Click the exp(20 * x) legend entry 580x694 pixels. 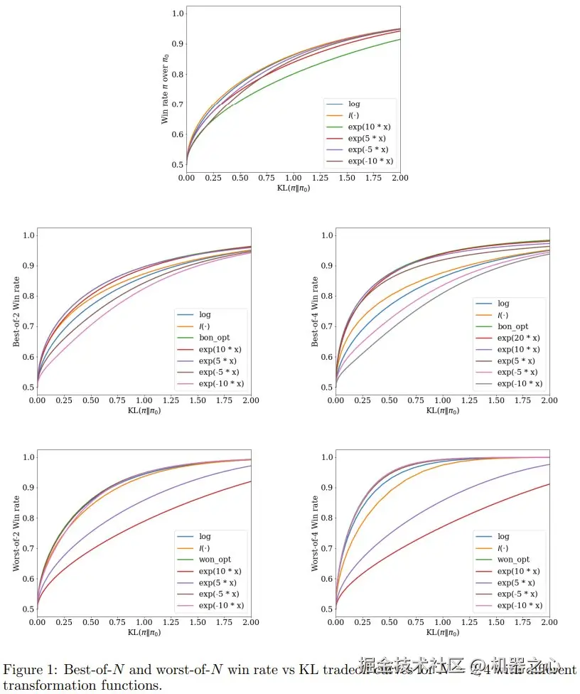[518, 338]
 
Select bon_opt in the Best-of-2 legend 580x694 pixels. [214, 337]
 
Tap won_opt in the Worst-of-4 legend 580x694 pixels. [513, 560]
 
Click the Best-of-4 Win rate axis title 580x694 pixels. [315, 311]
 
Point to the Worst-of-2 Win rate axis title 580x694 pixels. [16, 533]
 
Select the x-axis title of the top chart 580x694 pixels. [293, 188]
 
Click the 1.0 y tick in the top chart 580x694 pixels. [178, 14]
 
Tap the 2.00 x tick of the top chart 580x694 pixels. [400, 178]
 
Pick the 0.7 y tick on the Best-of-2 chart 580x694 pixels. [28, 326]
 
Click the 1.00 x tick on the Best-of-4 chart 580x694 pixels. [443, 400]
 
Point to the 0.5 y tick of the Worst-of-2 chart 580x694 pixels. [28, 609]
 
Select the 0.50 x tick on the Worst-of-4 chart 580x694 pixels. [389, 622]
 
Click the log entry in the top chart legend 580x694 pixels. [354, 104]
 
